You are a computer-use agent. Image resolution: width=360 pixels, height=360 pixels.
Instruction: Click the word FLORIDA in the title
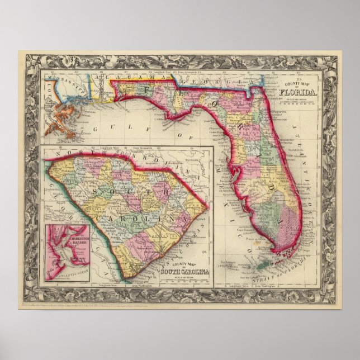point(302,89)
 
